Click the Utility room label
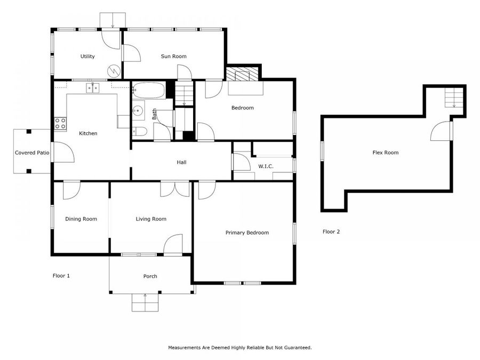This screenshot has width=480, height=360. pos(87,57)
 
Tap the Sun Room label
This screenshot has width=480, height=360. pos(174,57)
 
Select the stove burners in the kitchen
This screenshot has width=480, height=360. pos(60,124)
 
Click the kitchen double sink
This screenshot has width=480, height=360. pos(93,87)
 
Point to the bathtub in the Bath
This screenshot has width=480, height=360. pos(149,90)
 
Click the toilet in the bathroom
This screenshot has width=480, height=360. pos(141,132)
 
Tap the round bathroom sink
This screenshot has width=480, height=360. pos(139,111)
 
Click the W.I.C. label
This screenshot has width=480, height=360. pos(266,166)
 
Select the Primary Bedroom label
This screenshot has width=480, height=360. pos(247,233)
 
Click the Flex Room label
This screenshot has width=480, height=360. pos(385,153)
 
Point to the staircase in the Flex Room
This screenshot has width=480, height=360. pos(454,97)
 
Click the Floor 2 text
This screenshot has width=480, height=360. pos(331,231)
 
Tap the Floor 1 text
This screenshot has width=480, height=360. pos(61,276)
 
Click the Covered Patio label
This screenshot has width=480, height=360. pos(32,153)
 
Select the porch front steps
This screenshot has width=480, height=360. pos(145,303)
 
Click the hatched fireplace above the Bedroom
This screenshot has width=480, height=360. pos(243,73)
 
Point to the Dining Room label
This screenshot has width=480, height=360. pos(81,219)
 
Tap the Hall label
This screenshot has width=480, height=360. pos(181,162)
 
